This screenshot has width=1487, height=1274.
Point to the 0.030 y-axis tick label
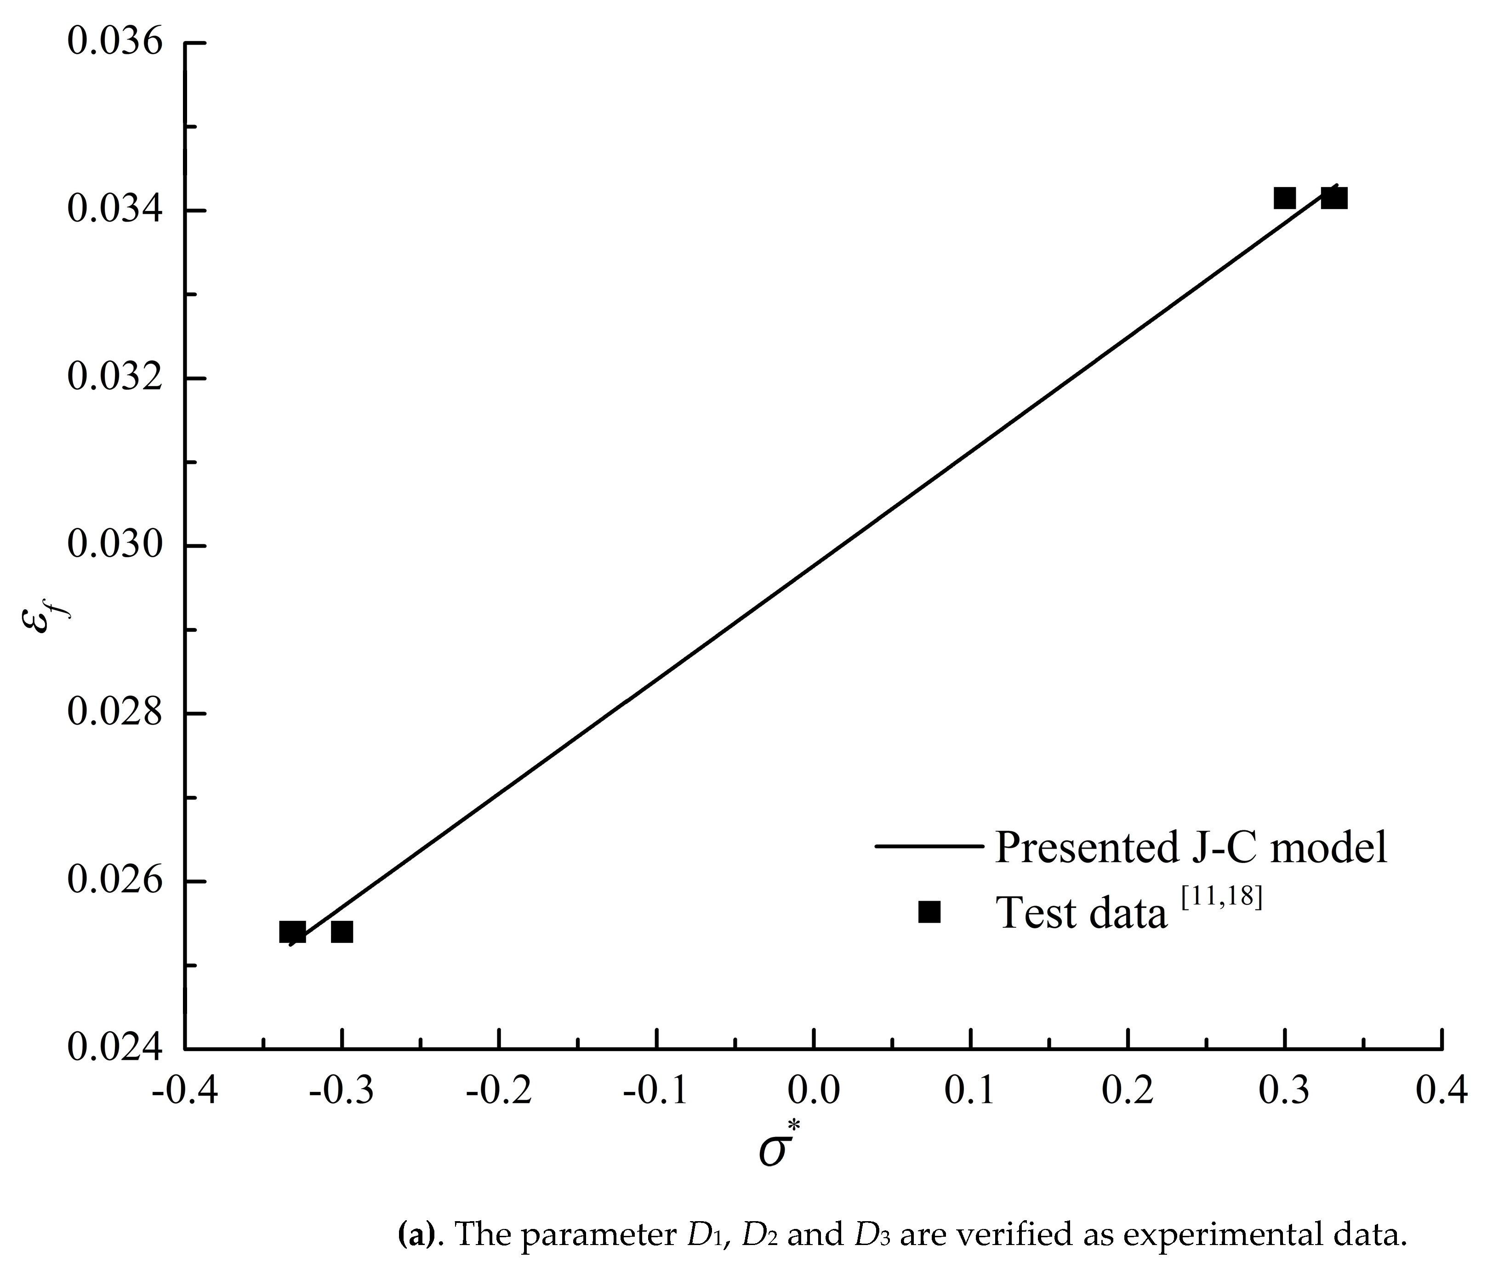115,545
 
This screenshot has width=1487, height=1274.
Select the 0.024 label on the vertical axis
115,1049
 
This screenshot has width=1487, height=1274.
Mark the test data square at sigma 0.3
1285,198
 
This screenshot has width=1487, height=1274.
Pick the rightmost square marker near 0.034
1335,198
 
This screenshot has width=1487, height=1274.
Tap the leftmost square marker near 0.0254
292,932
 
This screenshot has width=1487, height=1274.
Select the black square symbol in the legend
929,912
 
